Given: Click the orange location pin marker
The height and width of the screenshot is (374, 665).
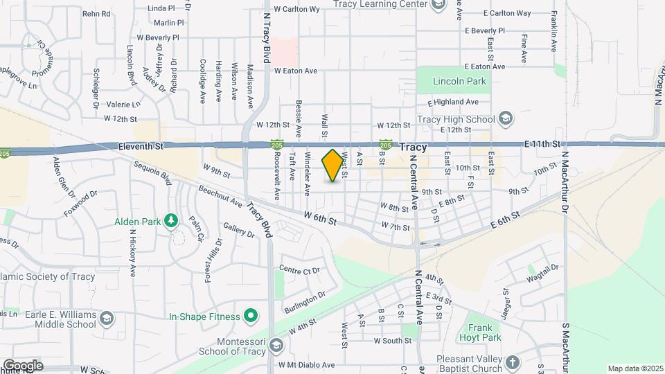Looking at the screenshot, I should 333,166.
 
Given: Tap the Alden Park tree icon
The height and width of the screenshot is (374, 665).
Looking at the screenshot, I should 170,221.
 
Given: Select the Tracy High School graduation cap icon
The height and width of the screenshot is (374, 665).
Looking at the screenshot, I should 505,118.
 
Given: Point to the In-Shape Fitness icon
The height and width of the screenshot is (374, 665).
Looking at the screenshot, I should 252,317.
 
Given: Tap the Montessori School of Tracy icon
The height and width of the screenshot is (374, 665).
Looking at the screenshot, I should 276,344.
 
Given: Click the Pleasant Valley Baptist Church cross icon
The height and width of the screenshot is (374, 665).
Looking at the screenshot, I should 512,362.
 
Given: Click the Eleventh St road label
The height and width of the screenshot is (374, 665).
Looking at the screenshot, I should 141,146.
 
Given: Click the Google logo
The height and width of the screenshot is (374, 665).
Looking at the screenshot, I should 22,365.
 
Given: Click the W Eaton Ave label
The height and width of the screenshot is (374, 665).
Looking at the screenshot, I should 295,71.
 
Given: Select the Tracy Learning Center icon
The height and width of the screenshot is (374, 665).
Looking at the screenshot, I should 438,6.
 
